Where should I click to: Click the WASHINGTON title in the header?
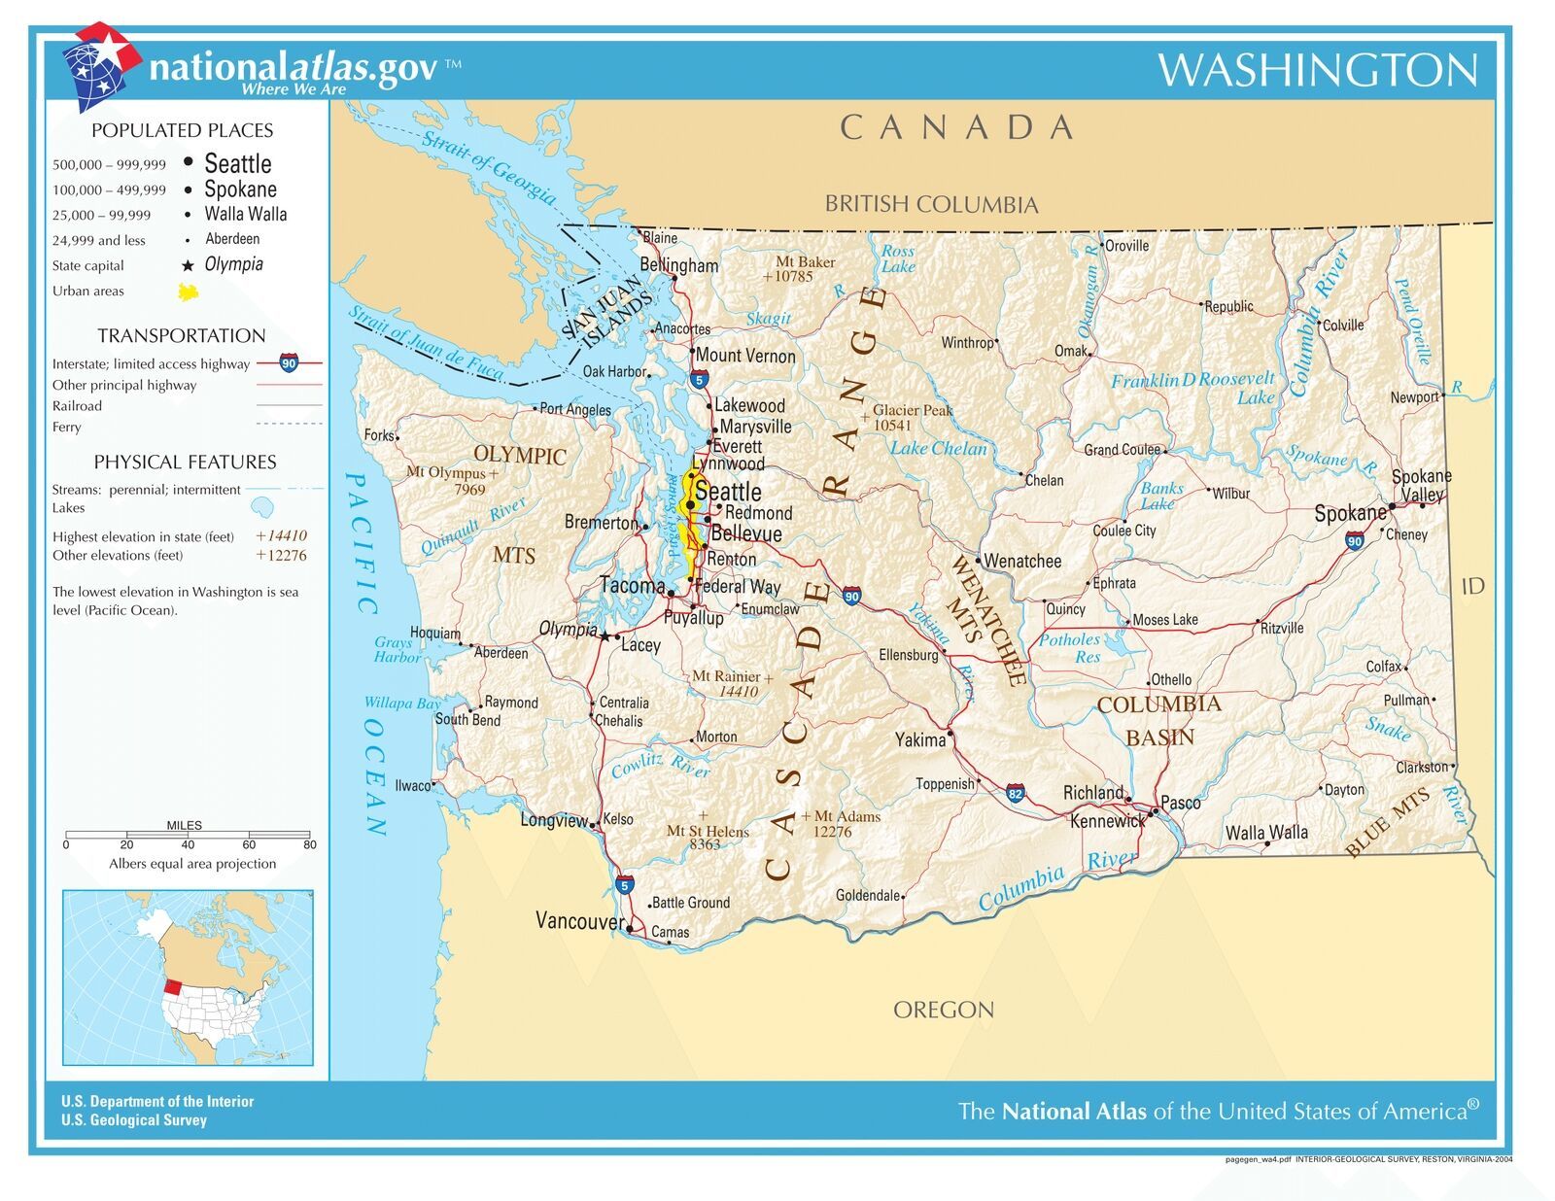click(1317, 70)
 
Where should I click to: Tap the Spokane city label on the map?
click(1349, 514)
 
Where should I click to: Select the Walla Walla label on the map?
click(1265, 833)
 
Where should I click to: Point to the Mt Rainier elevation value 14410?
click(738, 692)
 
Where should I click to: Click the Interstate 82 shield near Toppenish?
click(1016, 793)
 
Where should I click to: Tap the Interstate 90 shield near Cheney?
click(1354, 541)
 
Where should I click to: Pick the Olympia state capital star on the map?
click(605, 637)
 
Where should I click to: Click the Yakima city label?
click(919, 740)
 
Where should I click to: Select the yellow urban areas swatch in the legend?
click(189, 292)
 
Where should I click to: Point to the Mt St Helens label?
click(708, 832)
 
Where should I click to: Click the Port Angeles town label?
click(574, 410)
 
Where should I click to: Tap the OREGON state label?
click(943, 1011)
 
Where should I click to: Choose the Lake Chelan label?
click(938, 448)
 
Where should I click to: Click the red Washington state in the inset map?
click(172, 985)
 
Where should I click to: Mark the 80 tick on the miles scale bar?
click(309, 844)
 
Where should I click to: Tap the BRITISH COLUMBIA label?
click(931, 204)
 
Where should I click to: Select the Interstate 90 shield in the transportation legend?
click(289, 363)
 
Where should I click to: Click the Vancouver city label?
click(579, 921)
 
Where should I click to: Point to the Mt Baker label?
click(805, 262)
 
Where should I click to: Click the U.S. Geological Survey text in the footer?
click(134, 1120)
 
